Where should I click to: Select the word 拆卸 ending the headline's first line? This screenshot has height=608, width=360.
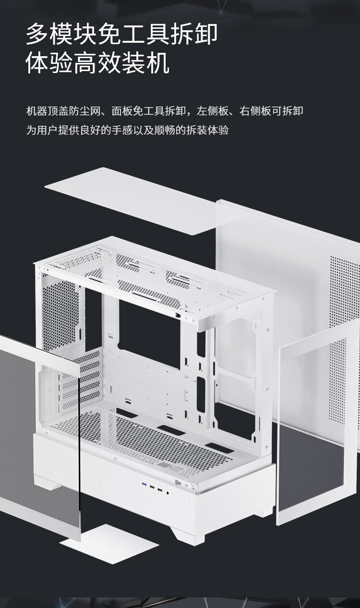194,34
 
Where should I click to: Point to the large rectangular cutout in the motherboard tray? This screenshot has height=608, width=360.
149,334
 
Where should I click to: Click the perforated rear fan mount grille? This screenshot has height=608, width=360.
60,315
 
